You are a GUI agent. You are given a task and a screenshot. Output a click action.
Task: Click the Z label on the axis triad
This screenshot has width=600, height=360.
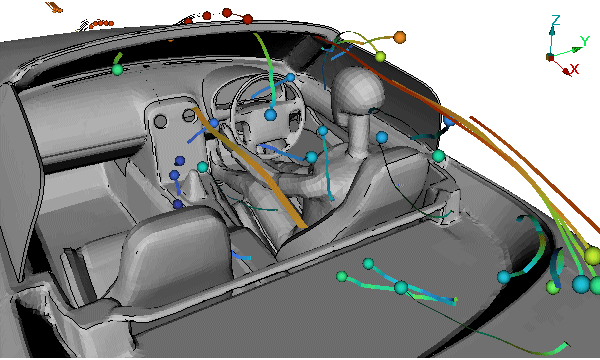556,20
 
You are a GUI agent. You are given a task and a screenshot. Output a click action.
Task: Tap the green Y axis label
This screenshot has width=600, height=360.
584,40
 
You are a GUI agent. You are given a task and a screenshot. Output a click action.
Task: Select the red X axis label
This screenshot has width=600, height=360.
574,69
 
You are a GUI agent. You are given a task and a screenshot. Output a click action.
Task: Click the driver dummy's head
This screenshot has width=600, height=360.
357,88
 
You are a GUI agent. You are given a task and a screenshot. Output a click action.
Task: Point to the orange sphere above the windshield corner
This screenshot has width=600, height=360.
399,37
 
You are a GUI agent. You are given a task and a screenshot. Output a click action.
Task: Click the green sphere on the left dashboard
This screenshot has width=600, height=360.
117,70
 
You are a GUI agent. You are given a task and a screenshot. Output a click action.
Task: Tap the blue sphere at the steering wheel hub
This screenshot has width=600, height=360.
271,114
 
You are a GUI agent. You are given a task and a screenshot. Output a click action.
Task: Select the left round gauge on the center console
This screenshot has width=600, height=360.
160,122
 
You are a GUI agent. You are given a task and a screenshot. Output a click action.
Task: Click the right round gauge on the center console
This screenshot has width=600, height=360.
189,115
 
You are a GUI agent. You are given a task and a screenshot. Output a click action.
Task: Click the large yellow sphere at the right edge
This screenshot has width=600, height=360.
593,256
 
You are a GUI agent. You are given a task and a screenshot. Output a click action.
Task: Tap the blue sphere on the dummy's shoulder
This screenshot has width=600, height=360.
382,137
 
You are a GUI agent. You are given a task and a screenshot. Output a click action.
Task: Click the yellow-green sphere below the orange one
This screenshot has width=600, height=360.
380,57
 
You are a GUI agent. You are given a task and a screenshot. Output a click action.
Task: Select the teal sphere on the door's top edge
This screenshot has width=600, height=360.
439,156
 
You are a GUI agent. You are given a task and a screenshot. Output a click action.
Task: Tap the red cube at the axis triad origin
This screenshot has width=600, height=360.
550,57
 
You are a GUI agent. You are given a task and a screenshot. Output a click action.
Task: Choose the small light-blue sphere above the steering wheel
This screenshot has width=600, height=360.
290,78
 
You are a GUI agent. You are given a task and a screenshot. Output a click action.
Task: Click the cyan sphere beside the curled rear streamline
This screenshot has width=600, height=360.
504,277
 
